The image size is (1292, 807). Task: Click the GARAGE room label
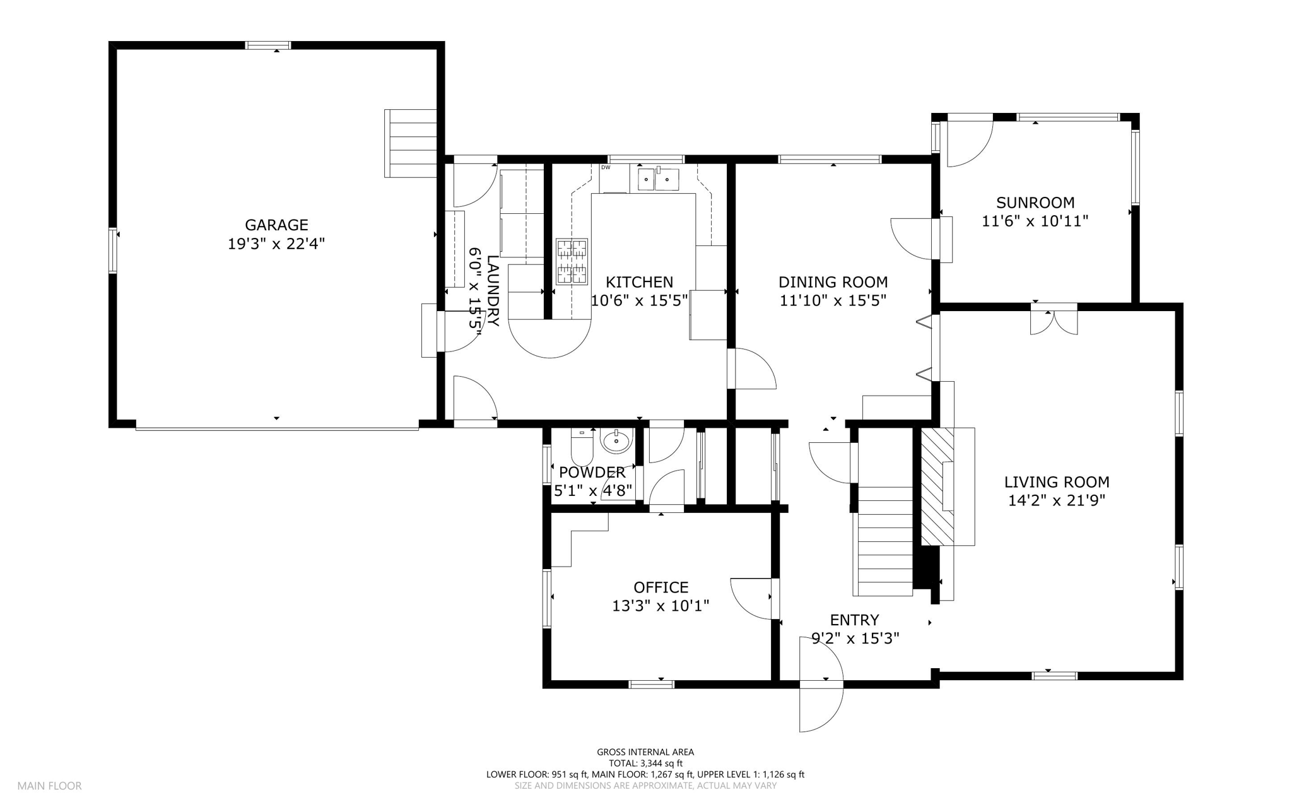[x=276, y=225]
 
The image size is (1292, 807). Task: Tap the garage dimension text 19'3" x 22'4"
[x=276, y=244]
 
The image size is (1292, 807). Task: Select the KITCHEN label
[x=639, y=282]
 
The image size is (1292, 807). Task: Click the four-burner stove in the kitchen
[x=572, y=261]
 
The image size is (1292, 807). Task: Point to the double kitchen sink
[x=657, y=179]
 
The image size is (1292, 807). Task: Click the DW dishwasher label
[x=606, y=167]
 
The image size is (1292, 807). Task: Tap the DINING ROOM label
[x=833, y=282]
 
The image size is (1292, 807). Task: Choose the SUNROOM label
[x=1035, y=203]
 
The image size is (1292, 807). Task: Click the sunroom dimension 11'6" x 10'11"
[x=1035, y=221]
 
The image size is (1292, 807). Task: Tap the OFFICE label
[x=661, y=587]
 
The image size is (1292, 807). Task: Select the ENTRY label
[x=854, y=620]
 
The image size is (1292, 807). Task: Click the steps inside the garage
[x=411, y=143]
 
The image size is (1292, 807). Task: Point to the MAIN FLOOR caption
[x=49, y=786]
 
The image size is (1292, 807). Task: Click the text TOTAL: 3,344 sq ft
[x=645, y=763]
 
